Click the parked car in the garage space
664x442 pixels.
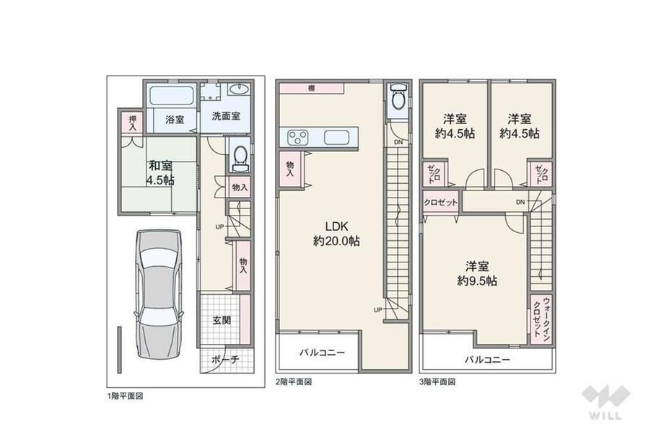click(159, 301)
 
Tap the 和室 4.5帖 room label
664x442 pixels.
click(160, 172)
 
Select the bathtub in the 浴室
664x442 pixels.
click(172, 97)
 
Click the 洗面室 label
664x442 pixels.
click(226, 116)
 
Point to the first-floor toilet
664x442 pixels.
click(241, 158)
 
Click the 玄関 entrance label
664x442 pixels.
click(222, 319)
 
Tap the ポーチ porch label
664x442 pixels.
click(225, 360)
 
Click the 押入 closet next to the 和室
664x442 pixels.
click(133, 123)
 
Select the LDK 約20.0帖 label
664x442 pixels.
click(336, 233)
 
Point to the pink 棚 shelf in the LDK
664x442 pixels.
click(311, 89)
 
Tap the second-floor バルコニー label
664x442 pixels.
click(323, 352)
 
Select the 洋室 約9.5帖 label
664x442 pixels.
click(477, 273)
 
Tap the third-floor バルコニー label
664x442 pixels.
click(487, 360)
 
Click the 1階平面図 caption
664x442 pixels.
click(126, 397)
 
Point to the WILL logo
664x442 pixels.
click(606, 402)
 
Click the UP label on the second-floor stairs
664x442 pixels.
click(378, 309)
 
